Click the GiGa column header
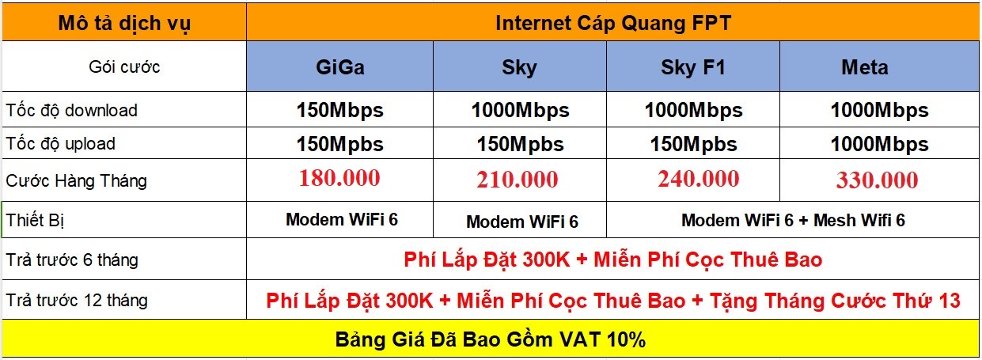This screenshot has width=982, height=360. coord(340,67)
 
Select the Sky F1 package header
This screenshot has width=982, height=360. coord(693,67)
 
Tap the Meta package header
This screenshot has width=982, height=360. coord(865,67)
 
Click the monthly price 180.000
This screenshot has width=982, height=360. coord(339,178)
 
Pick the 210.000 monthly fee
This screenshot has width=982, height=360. coord(518,180)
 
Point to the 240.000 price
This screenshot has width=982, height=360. coord(699,179)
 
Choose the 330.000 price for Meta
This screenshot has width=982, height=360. coord(878,180)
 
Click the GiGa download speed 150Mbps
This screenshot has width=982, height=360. coord(339,111)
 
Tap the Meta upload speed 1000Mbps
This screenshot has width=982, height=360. coord(879,144)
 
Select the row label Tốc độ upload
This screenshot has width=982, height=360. coord(60,144)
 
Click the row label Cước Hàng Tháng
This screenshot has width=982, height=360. coord(76,180)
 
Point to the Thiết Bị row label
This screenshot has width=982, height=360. coord(35,220)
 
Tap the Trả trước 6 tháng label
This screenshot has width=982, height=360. coord(72,260)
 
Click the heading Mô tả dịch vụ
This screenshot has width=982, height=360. coord(124,23)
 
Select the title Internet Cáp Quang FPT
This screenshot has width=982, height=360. coord(613,23)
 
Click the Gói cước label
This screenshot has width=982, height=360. coord(124,67)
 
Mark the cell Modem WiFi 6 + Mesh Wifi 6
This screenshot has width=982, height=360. coord(793,220)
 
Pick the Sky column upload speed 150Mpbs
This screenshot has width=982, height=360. coord(521,144)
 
